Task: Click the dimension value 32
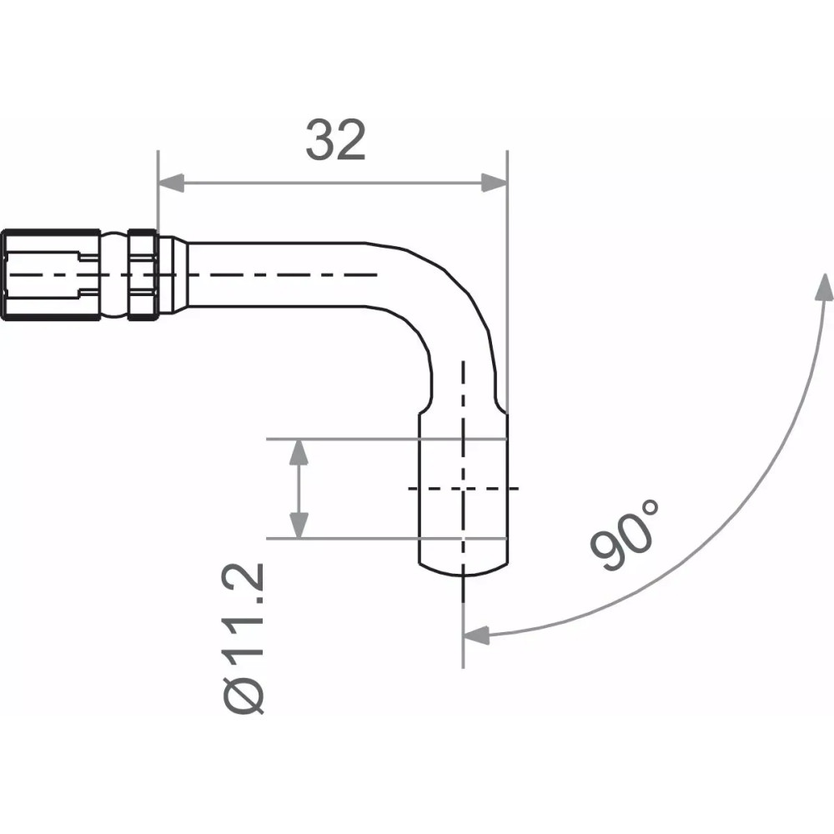pyautogui.click(x=335, y=140)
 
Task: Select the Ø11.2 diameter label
pyautogui.click(x=246, y=638)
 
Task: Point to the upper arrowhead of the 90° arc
pyautogui.click(x=825, y=289)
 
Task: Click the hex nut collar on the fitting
pyautogui.click(x=143, y=274)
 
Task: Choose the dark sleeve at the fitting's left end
pyautogui.click(x=50, y=274)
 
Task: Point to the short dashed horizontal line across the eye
pyautogui.click(x=463, y=488)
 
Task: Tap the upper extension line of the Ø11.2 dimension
pyautogui.click(x=350, y=437)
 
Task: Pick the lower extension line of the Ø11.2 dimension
pyautogui.click(x=350, y=539)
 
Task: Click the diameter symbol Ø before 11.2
pyautogui.click(x=246, y=695)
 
